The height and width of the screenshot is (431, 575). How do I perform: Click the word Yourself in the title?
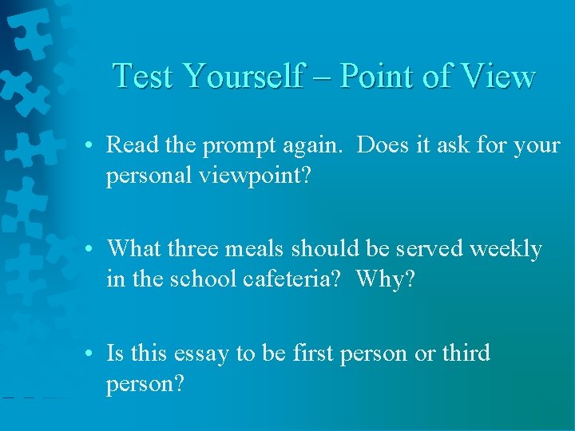243,76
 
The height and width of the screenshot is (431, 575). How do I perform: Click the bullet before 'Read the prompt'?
93,146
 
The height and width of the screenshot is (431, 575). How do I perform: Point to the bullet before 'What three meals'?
93,249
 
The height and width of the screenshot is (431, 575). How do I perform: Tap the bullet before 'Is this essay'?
93,354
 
